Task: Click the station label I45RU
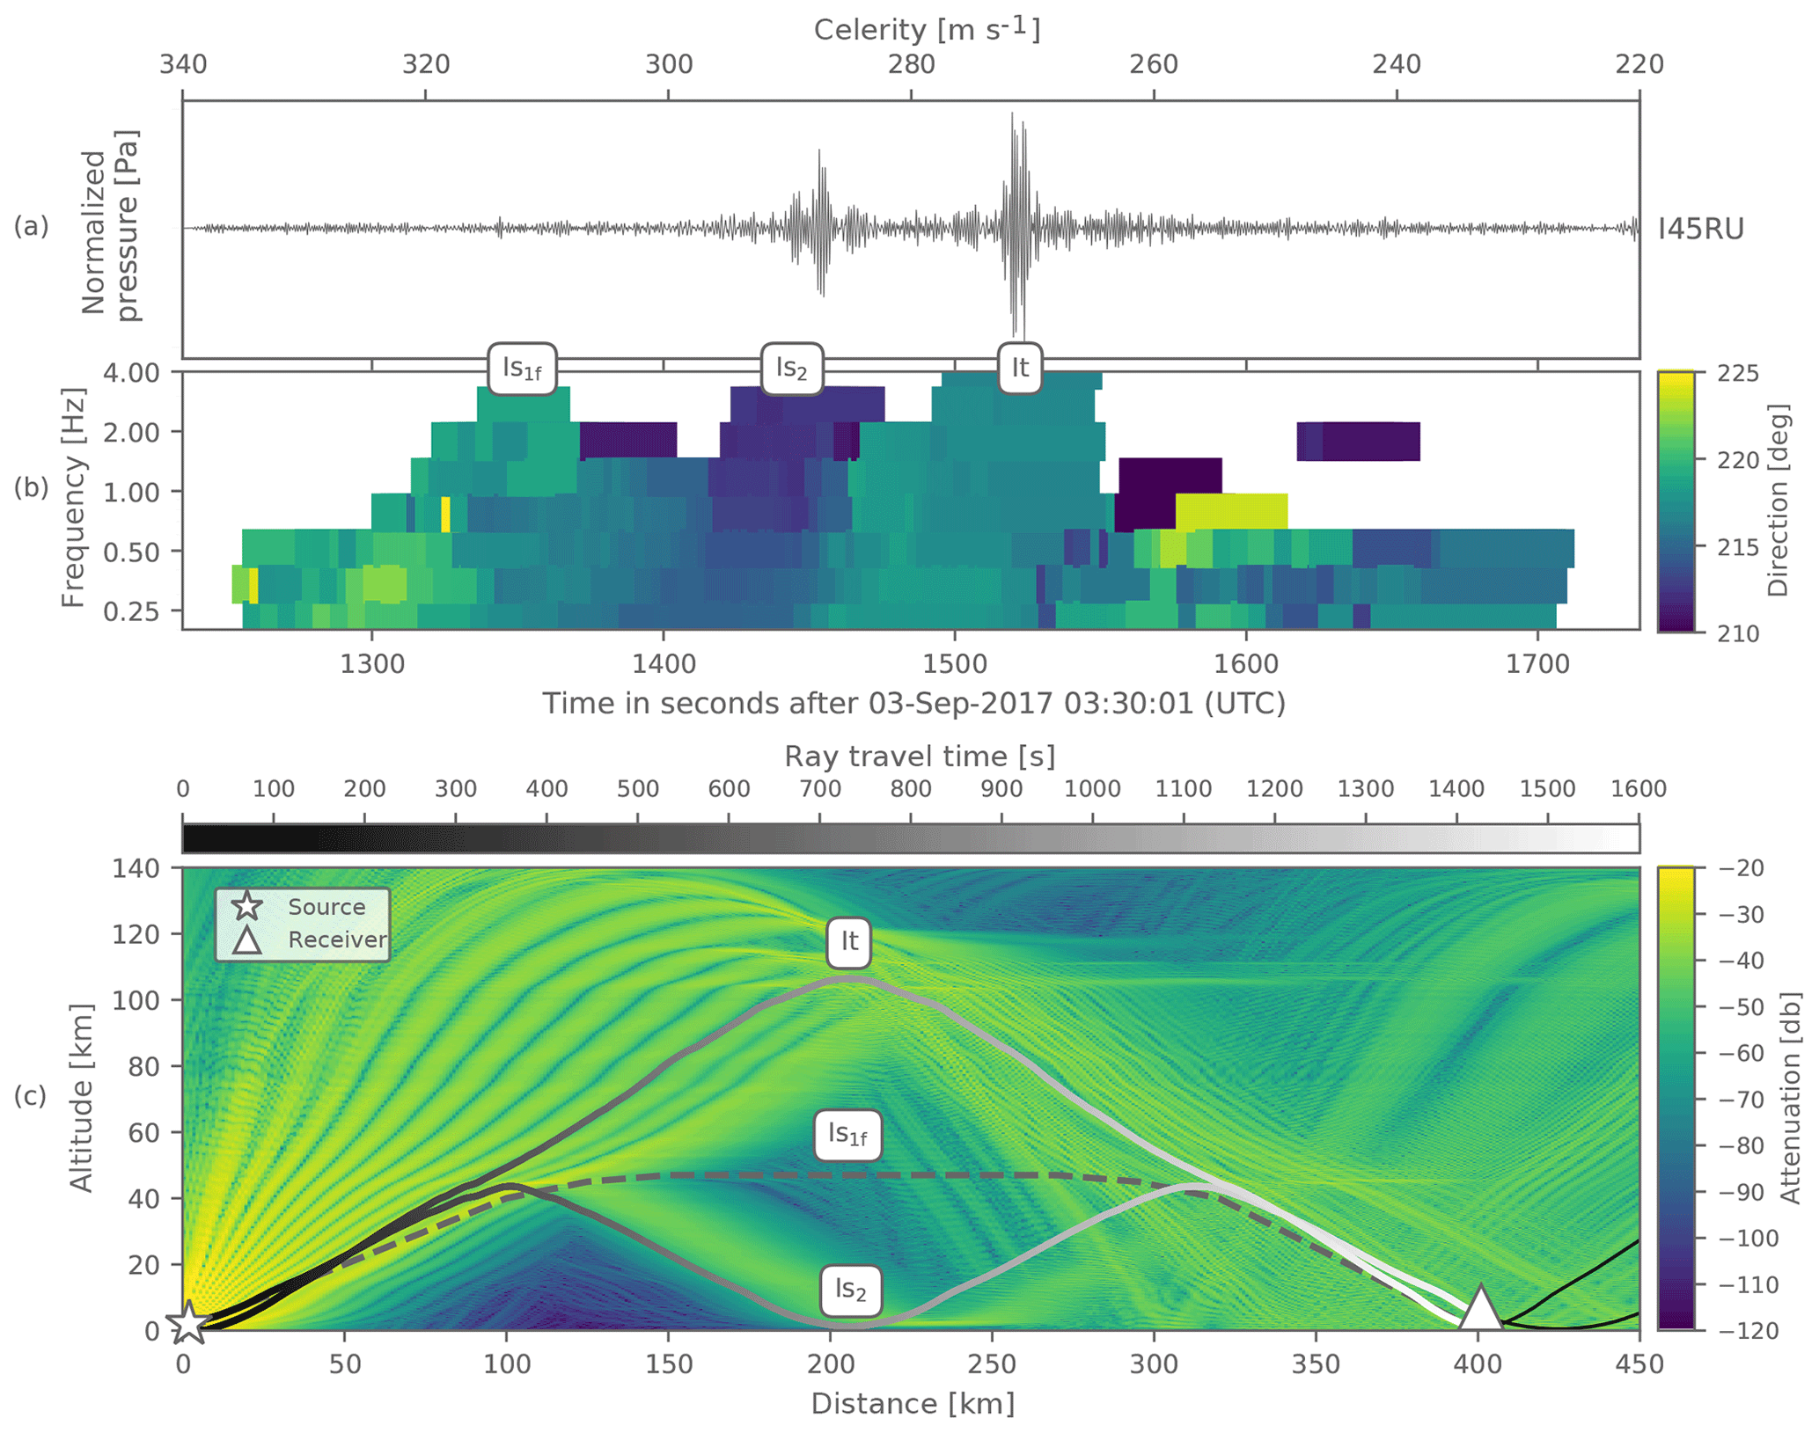click(x=1700, y=230)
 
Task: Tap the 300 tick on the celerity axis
click(x=669, y=65)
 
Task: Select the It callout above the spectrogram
click(x=1020, y=367)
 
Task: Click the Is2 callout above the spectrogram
click(x=791, y=368)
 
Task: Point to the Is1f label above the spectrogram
click(x=522, y=368)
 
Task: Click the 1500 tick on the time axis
click(x=955, y=663)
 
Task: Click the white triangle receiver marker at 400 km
click(x=1480, y=1309)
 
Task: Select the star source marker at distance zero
click(x=187, y=1323)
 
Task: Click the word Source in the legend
click(x=326, y=907)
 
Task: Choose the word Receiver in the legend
click(x=337, y=939)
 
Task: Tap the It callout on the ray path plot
click(x=848, y=941)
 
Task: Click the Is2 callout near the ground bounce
click(x=850, y=1289)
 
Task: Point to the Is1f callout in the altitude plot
click(x=847, y=1135)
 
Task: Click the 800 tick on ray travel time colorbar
click(x=911, y=789)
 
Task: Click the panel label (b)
click(x=30, y=486)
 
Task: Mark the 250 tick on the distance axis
click(x=992, y=1364)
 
